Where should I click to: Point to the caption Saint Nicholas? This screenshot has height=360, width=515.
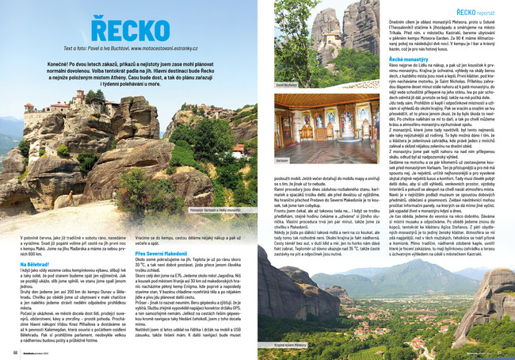(286, 83)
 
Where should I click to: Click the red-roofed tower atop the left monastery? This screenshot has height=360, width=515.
(80, 96)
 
